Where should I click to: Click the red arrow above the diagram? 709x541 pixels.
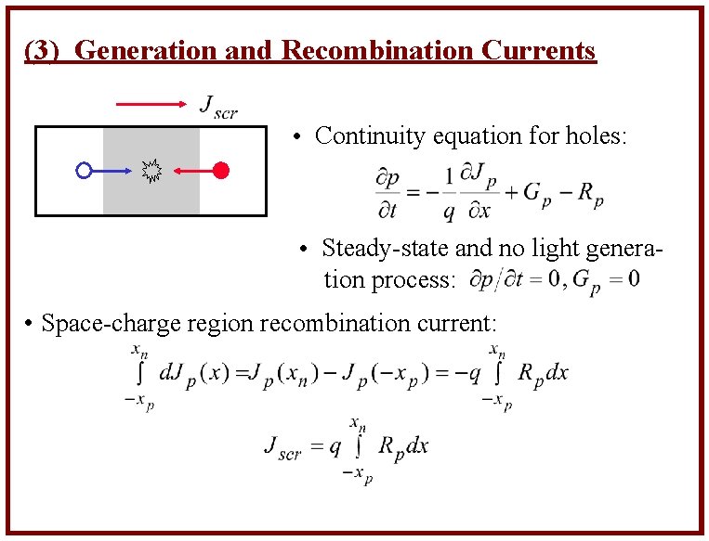coord(152,105)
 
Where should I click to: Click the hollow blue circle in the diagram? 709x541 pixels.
coord(84,171)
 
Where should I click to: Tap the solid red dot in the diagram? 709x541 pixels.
coord(220,170)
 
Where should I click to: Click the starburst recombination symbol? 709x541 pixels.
coord(151,170)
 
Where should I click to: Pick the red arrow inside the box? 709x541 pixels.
coord(192,170)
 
